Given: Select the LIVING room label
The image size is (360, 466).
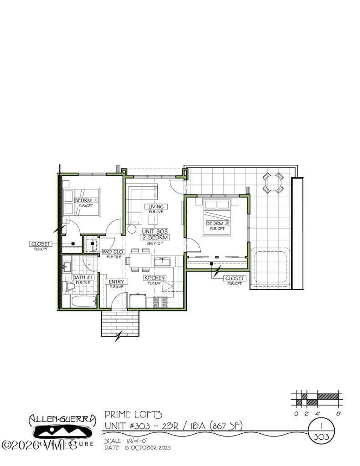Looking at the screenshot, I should click(156, 207).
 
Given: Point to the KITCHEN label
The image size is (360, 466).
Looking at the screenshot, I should click(154, 278).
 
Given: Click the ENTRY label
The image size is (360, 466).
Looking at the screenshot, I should click(116, 282).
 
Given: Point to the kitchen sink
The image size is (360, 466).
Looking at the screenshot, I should click(162, 262).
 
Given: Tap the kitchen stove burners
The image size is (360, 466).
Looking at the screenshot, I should click(160, 302).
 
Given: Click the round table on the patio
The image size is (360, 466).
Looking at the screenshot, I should click(273, 183).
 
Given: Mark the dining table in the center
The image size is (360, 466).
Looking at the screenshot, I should click(140, 260).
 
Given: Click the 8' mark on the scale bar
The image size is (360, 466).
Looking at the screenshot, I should click(338, 414).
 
